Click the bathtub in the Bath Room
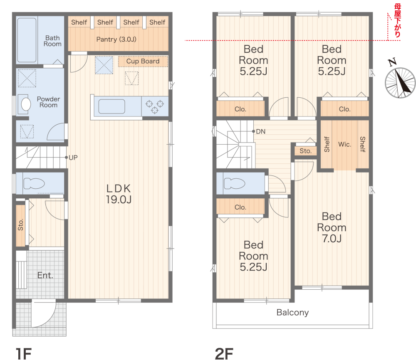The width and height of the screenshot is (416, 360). [x=27, y=40]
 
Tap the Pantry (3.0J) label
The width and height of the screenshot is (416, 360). [x=116, y=39]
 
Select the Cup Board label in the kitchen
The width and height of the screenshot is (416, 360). [x=143, y=61]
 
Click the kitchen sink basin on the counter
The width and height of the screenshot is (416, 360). [x=111, y=106]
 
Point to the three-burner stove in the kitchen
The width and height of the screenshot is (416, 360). [x=155, y=106]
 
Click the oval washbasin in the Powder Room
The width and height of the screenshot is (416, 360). [x=26, y=104]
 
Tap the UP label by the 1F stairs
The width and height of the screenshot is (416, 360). [x=73, y=158]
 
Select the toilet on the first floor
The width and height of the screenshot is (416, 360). [x=34, y=183]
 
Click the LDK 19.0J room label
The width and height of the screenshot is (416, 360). [x=119, y=194]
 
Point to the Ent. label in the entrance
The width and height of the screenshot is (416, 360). [x=45, y=276]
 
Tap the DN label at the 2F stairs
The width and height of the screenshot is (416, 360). [x=260, y=131]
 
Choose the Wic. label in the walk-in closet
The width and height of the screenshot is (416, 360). [x=344, y=145]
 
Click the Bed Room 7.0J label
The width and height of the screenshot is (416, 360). [x=332, y=227]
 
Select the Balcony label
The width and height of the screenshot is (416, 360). [x=292, y=313]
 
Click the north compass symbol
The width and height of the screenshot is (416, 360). [x=400, y=82]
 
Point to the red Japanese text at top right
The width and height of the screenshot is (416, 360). [x=397, y=20]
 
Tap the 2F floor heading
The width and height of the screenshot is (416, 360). [x=224, y=354]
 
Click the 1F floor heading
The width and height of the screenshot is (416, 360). [x=24, y=354]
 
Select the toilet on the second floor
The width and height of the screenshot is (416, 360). [x=234, y=183]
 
